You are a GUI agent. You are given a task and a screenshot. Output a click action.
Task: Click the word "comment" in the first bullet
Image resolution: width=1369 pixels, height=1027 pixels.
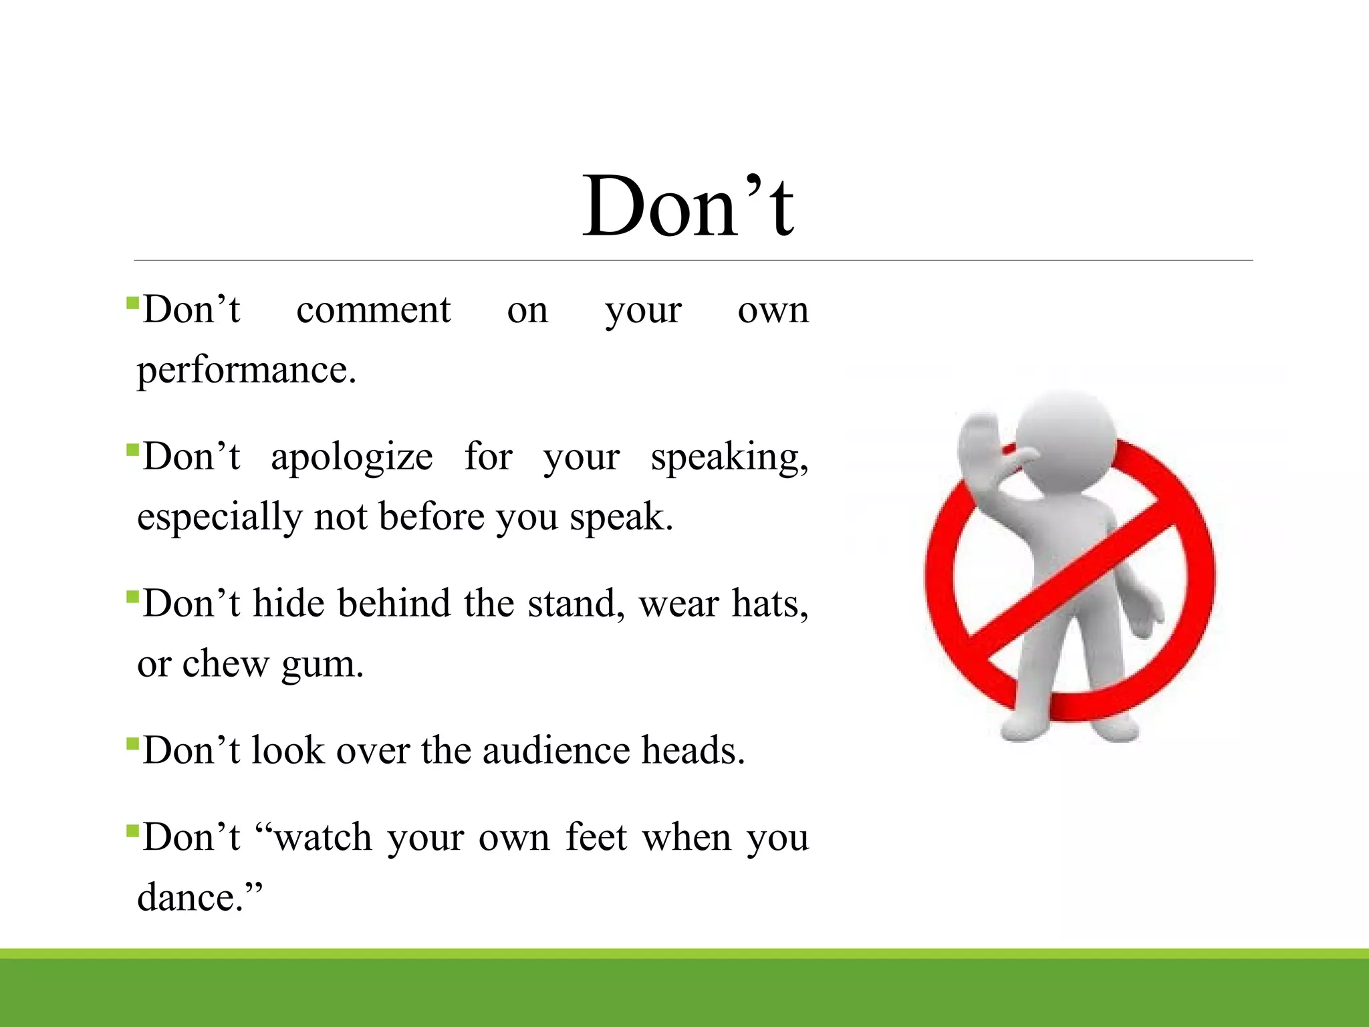click(x=373, y=310)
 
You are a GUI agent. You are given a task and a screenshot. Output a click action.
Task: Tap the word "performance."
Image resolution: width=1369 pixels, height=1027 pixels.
click(x=246, y=370)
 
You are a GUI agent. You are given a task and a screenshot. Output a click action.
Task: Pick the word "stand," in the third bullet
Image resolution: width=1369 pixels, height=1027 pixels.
click(x=576, y=604)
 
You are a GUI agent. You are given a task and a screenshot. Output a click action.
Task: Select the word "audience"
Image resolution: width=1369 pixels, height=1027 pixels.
click(x=555, y=751)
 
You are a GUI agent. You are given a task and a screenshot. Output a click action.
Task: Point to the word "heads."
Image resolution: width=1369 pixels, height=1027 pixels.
click(x=693, y=751)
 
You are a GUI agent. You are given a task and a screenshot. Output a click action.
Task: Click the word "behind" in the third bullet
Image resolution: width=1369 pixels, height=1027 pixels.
click(x=394, y=604)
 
